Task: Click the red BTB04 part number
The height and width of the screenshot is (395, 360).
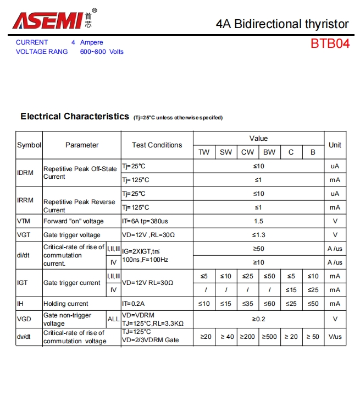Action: point(330,44)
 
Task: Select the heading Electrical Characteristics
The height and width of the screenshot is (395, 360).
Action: point(75,117)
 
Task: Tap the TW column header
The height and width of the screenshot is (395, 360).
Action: point(204,152)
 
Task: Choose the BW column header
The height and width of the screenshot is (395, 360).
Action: point(269,152)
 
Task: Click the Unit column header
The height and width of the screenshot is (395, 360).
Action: point(335,145)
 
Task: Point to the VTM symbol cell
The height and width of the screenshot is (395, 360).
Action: point(24,221)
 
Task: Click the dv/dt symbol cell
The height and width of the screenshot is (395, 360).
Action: point(25,337)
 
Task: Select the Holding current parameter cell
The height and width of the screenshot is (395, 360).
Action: point(66,304)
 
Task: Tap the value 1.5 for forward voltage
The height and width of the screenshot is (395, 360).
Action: point(258,221)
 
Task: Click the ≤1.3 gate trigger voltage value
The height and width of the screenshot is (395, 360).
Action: point(258,235)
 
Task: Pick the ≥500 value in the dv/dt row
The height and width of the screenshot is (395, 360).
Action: point(269,337)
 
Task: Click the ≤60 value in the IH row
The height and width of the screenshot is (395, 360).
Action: point(269,304)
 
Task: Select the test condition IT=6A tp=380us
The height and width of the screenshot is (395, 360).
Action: point(145,221)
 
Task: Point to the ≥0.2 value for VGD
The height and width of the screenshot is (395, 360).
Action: point(258,319)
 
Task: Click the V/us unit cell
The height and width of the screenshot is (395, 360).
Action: point(335,337)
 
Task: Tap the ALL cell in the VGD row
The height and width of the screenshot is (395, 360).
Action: point(113,319)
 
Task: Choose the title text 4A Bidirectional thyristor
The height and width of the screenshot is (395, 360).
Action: point(283,24)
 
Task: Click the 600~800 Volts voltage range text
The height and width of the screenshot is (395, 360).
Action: point(102,52)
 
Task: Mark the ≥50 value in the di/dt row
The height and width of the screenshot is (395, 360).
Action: point(258,249)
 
